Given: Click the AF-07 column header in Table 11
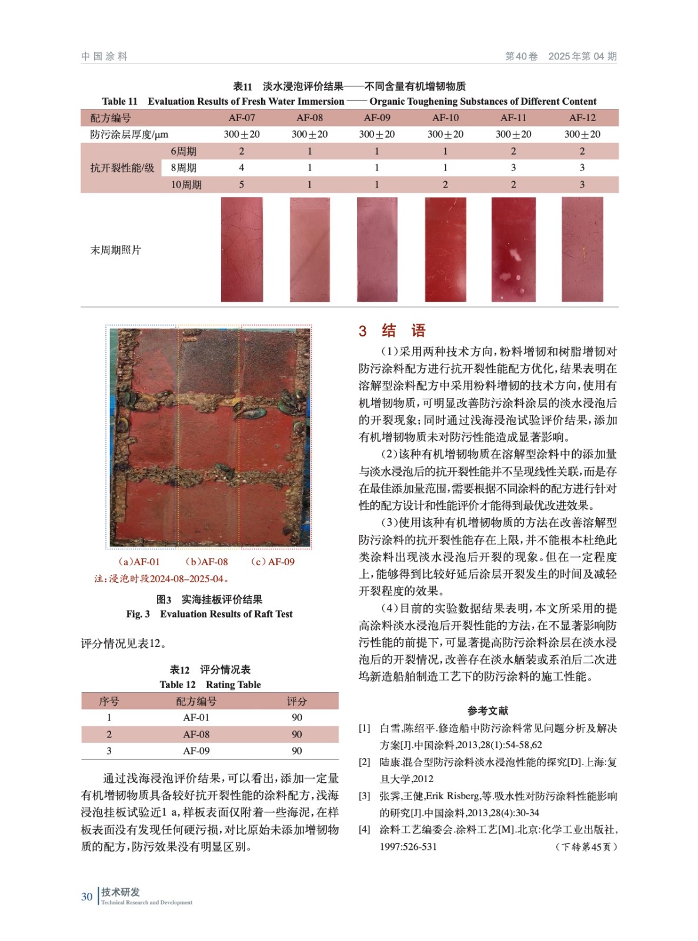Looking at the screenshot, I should coord(242,118).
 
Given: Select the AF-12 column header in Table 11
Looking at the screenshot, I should coord(582,118).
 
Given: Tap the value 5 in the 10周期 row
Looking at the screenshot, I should coord(242,185).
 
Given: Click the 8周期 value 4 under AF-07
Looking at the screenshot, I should coord(242,168).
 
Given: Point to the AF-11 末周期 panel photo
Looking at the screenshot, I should coord(513,249).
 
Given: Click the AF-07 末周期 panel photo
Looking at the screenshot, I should coord(242,249).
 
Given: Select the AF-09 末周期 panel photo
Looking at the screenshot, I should coord(377,249).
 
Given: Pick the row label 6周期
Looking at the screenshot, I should coord(183,151).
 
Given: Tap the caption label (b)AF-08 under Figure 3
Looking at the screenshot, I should coord(206,562).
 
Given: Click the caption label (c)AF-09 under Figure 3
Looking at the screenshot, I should coord(272,562).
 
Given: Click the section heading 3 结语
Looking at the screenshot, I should coord(392,331).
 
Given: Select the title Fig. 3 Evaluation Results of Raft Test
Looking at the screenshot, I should coord(209,614).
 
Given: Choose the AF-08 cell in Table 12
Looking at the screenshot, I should coord(196,735).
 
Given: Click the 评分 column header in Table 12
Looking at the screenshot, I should coord(297,701).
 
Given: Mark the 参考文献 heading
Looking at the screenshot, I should coord(487,710).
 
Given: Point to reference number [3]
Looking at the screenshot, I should coord(365,796).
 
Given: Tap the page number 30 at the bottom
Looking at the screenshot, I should coord(87,896).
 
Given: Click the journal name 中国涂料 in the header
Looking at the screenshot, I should coord(104,56).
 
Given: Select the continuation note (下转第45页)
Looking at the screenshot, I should coord(586,847).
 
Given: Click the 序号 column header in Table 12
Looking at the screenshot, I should coord(109,701).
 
